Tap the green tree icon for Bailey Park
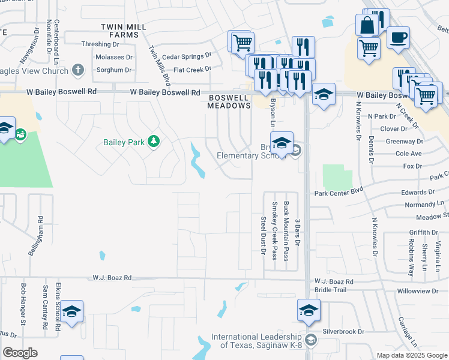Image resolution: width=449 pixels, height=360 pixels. tap(154, 142)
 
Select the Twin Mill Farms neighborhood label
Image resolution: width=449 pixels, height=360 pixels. tap(120, 31)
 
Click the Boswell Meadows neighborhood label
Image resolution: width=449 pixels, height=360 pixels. tap(229, 101)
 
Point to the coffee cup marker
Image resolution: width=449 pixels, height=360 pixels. tap(398, 37)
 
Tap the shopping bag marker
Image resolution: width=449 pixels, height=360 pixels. tap(367, 25)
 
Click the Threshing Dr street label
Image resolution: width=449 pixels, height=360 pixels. tap(100, 44)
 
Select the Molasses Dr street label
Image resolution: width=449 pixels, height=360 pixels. tap(113, 57)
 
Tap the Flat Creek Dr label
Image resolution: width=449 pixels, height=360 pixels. tap(192, 70)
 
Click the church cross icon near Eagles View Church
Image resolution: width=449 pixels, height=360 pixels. tap(77, 70)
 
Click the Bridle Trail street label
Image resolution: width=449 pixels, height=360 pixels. tap(331, 290)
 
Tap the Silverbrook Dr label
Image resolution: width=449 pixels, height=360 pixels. tap(343, 331)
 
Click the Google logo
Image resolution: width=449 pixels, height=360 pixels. tap(20, 353)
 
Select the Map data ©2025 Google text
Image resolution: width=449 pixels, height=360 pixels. tap(412, 355)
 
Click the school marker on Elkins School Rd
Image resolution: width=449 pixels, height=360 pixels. tap(71, 311)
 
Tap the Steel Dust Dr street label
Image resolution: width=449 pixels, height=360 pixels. tap(263, 235)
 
